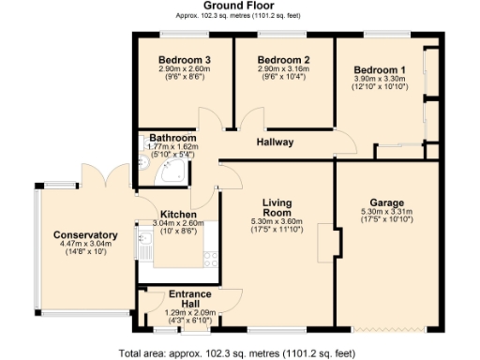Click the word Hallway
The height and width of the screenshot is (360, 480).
276,142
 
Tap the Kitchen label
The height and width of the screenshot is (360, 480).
178,214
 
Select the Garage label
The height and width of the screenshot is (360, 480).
386,202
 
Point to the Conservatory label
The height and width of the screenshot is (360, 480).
85,234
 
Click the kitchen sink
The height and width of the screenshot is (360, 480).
146,247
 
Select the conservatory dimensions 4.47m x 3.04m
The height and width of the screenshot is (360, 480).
85,244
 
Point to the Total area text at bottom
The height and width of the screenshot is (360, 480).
237,353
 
